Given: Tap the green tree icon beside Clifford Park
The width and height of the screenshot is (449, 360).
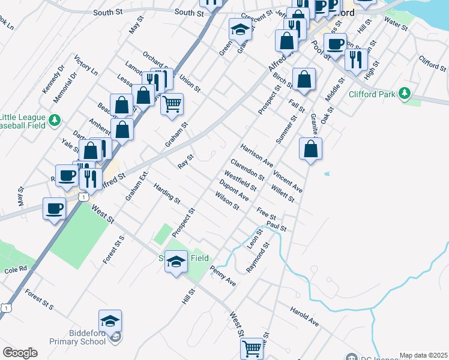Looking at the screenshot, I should click(x=406, y=93).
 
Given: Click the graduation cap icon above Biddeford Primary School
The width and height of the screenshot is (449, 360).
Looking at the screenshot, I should click(x=110, y=321).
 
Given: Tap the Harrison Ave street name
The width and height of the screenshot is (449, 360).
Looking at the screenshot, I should click(x=257, y=155).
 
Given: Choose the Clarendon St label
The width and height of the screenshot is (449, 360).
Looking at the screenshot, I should click(x=248, y=169).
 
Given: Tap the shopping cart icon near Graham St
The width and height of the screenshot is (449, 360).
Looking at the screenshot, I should click(x=172, y=104).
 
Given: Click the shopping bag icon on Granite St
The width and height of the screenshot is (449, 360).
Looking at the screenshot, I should click(x=310, y=149).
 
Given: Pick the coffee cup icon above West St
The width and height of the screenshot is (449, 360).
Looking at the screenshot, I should click(x=55, y=209).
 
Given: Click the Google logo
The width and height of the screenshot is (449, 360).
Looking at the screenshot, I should click(x=20, y=352).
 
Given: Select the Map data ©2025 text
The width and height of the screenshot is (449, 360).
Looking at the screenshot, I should click(x=424, y=355).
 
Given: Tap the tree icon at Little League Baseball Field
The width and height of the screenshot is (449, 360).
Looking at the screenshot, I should click(x=55, y=120).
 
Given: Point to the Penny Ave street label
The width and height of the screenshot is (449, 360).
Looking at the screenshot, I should click(x=223, y=276).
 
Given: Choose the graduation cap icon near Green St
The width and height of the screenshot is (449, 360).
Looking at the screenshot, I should click(x=240, y=29).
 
